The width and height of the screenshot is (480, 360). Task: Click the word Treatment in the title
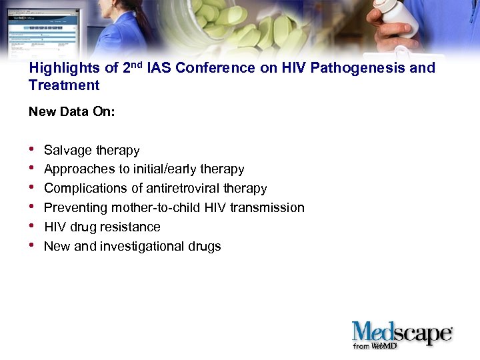pos(64,85)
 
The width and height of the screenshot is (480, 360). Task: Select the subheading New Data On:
pos(72,112)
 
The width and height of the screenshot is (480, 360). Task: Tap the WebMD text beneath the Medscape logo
pos(385,346)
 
